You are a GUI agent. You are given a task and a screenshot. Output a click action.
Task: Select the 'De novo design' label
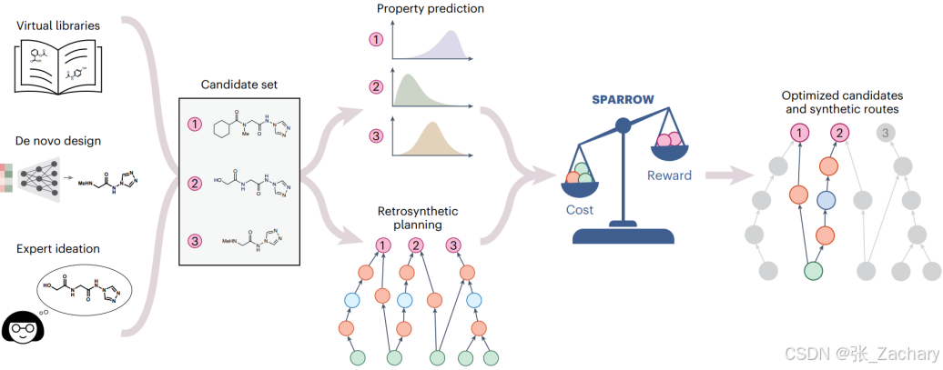click(x=57, y=143)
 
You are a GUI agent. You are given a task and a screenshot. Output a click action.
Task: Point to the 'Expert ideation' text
click(x=57, y=248)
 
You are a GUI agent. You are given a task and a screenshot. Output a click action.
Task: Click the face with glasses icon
click(x=18, y=325)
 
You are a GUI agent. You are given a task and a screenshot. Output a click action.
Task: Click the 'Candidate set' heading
click(x=239, y=85)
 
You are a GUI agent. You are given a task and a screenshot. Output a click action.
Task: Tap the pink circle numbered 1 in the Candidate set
click(x=194, y=124)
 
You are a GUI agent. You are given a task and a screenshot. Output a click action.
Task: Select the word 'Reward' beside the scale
click(x=669, y=175)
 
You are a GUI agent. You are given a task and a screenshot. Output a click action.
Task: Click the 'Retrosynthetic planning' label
click(x=418, y=217)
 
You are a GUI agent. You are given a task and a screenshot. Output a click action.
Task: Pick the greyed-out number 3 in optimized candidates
click(x=883, y=135)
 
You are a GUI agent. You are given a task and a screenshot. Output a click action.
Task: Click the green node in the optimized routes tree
click(x=813, y=270)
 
